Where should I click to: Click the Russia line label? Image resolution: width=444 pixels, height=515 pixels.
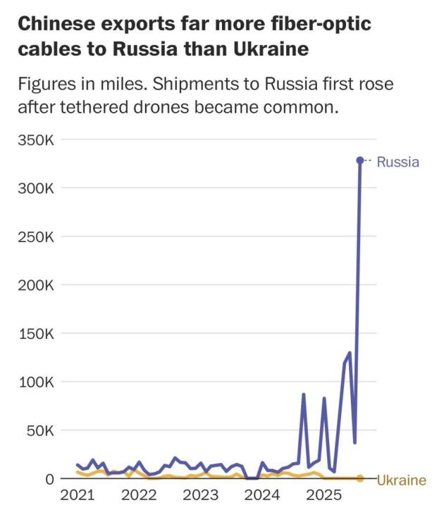397,162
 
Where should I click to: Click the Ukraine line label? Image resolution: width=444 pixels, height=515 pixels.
401,480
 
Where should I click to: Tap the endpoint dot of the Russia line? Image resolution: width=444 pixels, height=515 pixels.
360,161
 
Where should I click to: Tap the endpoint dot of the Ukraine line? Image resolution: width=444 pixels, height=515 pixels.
360,478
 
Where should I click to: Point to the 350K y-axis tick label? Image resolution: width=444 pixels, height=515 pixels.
35,139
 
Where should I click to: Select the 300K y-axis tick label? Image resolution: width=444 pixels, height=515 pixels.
35,188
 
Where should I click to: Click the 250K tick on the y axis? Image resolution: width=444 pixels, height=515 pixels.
35,237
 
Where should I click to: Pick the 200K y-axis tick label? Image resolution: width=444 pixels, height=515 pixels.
35,285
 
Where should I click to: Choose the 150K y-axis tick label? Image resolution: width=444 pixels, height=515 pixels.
35,333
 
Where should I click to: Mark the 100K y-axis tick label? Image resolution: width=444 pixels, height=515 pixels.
35,382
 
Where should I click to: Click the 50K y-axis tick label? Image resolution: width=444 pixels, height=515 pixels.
39,430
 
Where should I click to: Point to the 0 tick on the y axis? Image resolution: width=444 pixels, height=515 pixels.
49,479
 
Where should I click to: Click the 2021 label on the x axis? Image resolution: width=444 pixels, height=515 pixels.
77,495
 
